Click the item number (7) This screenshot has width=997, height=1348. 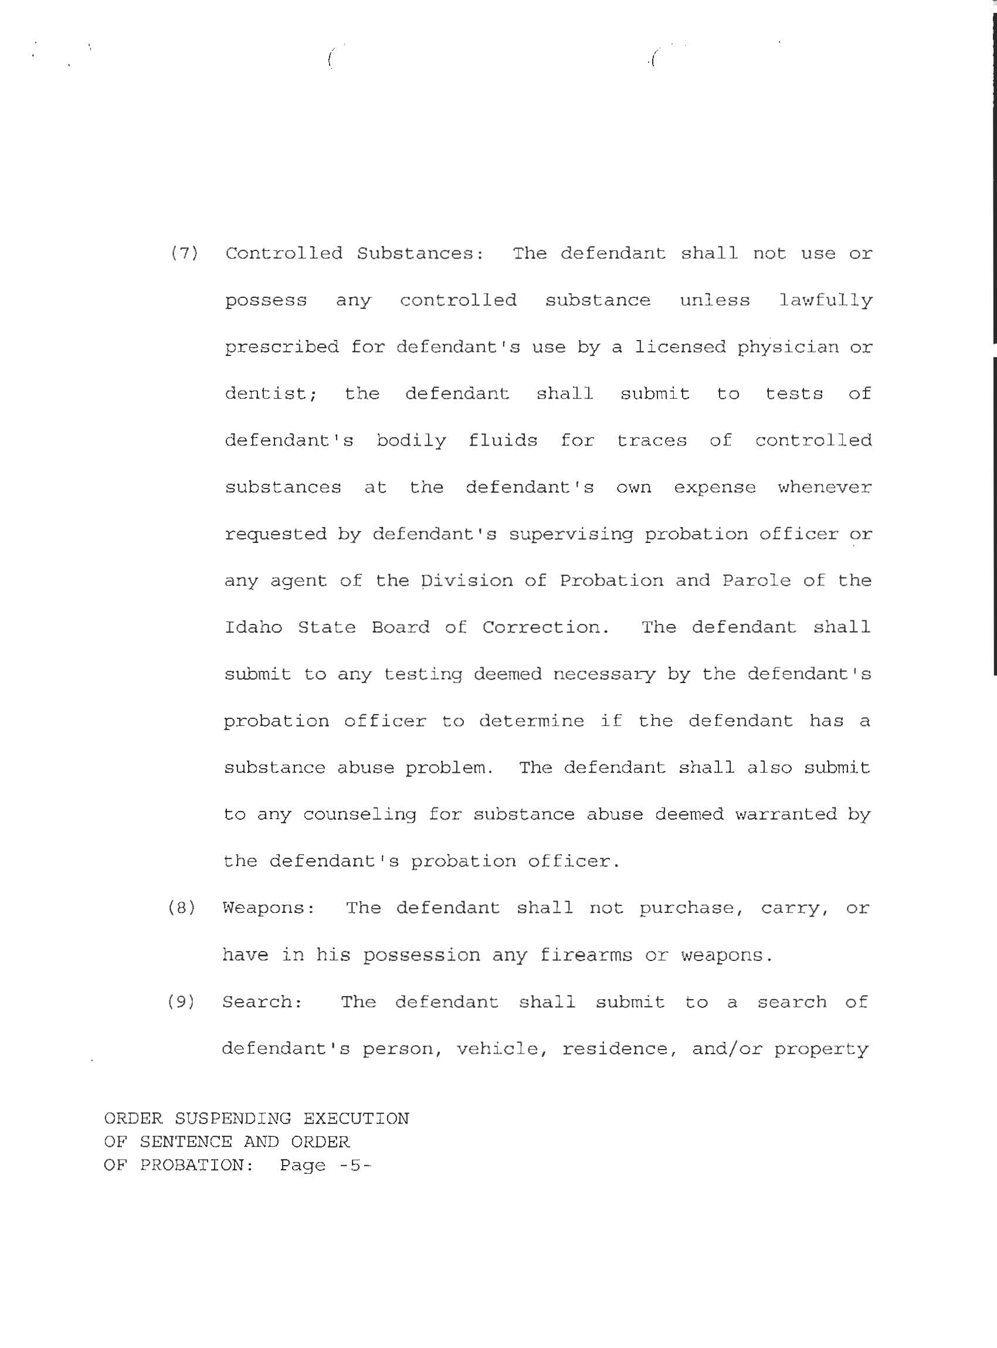coord(185,253)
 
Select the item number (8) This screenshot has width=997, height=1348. coord(182,908)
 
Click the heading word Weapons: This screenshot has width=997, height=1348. coord(269,908)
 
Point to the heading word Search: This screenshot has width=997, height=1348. coord(263,1002)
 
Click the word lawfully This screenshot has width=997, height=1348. coord(826,300)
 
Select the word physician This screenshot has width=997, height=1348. coord(788,347)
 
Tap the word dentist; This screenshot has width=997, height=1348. coord(272,394)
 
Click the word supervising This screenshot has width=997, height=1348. coord(571,535)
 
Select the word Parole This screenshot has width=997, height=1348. coord(757,581)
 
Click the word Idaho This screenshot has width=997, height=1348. coord(253,627)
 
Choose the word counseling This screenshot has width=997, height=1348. coord(360,814)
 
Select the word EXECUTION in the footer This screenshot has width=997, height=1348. coord(356,1119)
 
